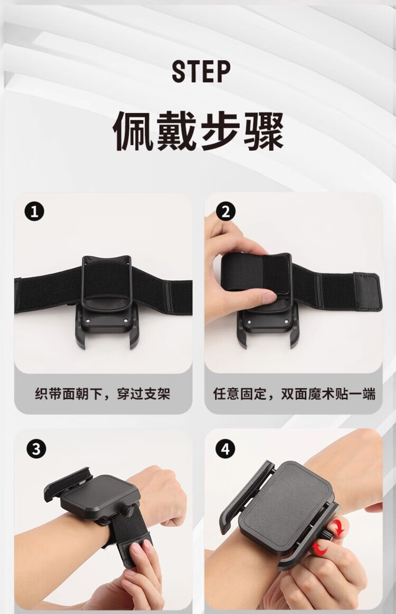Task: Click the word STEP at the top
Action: [x=201, y=71]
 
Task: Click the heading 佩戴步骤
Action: [x=198, y=132]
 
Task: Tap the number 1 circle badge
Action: [x=34, y=212]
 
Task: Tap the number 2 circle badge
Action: [x=225, y=212]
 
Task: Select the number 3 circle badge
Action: [x=36, y=449]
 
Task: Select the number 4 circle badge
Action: [x=225, y=449]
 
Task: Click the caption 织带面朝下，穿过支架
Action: [x=102, y=393]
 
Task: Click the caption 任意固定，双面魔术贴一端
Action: [x=294, y=393]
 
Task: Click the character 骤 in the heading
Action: [x=263, y=132]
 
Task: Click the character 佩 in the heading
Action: [x=134, y=132]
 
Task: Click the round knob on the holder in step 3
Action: [x=128, y=511]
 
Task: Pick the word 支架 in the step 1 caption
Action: [x=157, y=393]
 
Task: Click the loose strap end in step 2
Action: [x=366, y=292]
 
